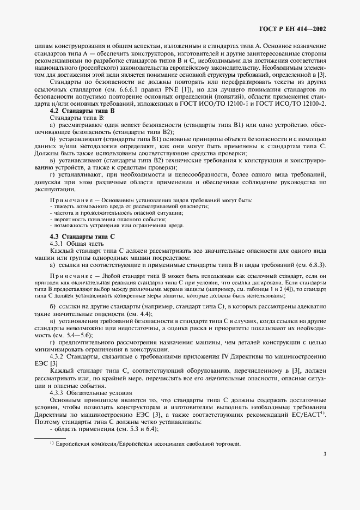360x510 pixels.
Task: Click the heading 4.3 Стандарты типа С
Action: pyautogui.click(x=80, y=236)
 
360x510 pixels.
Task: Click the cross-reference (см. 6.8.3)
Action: pyautogui.click(x=309, y=264)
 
